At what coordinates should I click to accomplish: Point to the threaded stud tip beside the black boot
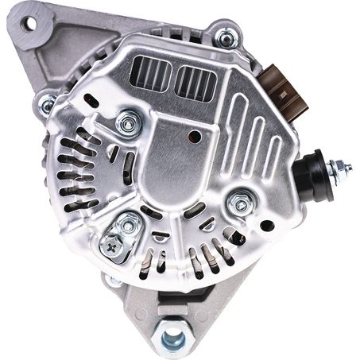point(346,167)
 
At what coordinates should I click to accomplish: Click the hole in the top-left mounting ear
point(29,24)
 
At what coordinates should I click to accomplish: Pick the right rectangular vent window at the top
point(195,83)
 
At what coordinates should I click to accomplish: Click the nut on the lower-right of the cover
point(239,204)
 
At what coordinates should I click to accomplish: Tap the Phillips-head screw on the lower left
point(110,247)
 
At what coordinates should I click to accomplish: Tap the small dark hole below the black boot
point(267,226)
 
